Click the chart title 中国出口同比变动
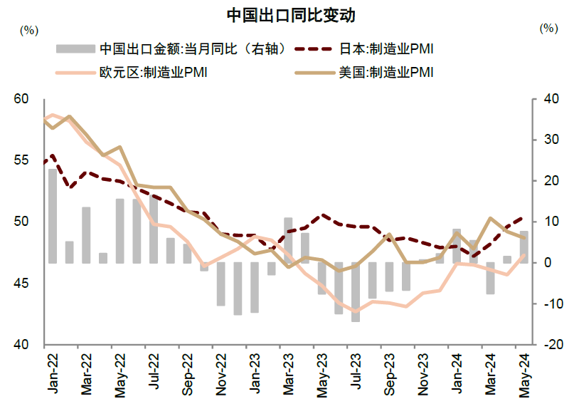click(289, 14)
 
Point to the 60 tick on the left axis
click(21, 99)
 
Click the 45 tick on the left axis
click(21, 284)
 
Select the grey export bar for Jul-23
click(356, 292)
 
